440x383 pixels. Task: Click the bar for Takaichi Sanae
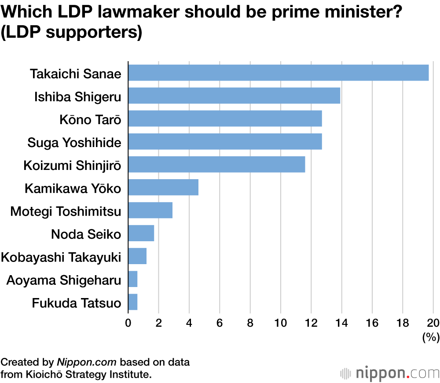click(278, 73)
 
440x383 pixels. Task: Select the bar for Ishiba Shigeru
click(234, 96)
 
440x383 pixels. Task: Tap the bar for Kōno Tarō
click(225, 118)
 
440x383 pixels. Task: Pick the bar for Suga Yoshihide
click(225, 142)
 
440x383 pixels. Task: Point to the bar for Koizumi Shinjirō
click(216, 165)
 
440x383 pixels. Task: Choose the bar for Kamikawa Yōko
click(163, 188)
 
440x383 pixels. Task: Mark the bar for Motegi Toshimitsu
click(150, 210)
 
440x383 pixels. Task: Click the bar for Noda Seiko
click(141, 233)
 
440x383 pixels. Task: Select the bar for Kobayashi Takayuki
click(137, 256)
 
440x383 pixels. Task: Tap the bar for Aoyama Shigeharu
click(133, 279)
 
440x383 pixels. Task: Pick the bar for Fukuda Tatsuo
click(133, 302)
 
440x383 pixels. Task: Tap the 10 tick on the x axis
click(281, 323)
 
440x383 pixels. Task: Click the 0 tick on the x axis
click(128, 323)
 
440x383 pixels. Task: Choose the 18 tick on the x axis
click(403, 323)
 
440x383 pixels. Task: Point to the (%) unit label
click(431, 338)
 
